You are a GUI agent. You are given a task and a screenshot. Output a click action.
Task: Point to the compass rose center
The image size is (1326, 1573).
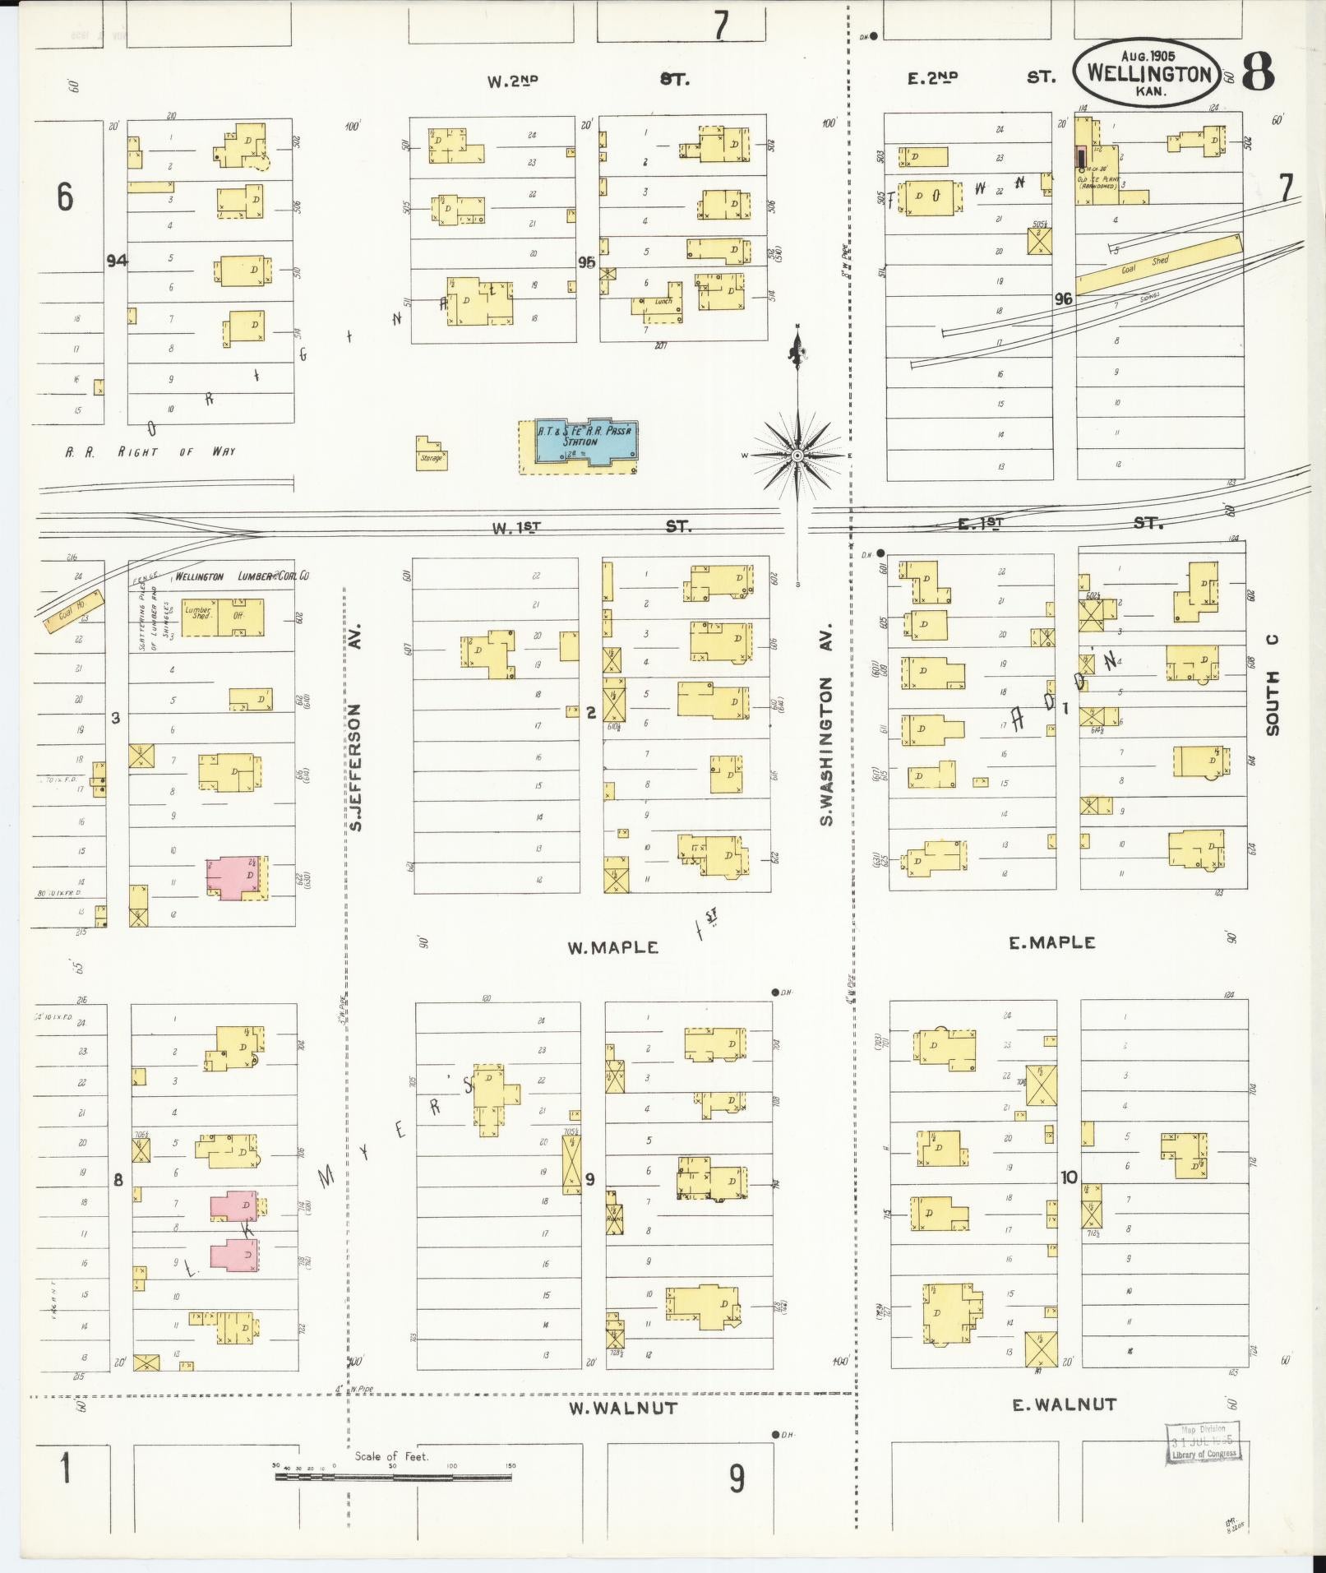click(x=797, y=455)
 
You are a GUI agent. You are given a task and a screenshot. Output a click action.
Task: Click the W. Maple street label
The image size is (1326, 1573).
click(x=612, y=948)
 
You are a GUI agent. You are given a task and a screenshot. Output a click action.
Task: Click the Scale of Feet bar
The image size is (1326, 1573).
click(x=393, y=1476)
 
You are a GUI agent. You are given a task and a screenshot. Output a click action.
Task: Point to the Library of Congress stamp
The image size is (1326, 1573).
click(x=1201, y=1442)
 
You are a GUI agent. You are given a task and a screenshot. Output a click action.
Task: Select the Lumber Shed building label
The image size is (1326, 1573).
click(x=197, y=614)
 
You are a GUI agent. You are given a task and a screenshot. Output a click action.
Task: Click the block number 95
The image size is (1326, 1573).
click(x=586, y=262)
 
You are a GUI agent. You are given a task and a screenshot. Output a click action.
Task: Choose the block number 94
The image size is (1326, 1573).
click(x=117, y=261)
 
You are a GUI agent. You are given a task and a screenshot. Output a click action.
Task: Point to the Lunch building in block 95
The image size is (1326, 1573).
click(x=663, y=302)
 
